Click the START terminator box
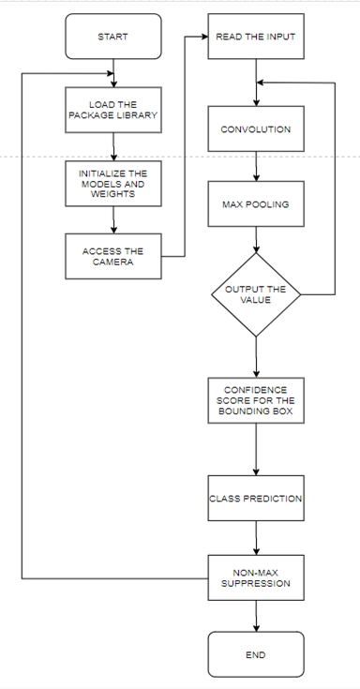(x=112, y=37)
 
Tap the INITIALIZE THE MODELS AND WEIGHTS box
(x=112, y=184)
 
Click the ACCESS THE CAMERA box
(x=112, y=257)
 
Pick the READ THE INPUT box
(x=256, y=37)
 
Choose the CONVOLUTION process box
(x=256, y=129)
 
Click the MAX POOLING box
(x=256, y=202)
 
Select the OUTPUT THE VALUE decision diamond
(x=256, y=294)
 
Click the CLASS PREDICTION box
(x=256, y=498)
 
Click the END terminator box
(x=256, y=654)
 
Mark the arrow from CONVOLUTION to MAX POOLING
(x=256, y=166)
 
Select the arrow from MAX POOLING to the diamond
(x=256, y=239)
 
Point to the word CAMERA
(x=112, y=263)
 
